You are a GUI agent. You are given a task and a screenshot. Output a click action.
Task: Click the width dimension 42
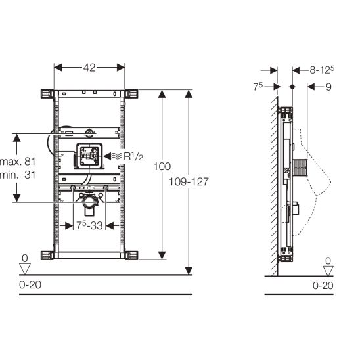[x=89, y=68]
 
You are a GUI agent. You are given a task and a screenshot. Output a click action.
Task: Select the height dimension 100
[x=162, y=166]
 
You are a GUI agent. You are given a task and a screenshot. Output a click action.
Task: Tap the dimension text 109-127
[x=189, y=182]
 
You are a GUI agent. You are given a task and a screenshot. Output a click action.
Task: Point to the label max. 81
[x=18, y=162]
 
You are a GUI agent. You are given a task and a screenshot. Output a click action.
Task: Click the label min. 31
[x=18, y=175]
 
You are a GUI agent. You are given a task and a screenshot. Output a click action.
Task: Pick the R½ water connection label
[x=133, y=156]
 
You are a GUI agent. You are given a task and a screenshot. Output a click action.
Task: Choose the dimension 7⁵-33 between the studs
[x=89, y=225]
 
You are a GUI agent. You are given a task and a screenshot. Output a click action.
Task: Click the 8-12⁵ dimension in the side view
[x=322, y=70]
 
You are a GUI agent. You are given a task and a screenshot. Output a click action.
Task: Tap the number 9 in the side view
[x=328, y=87]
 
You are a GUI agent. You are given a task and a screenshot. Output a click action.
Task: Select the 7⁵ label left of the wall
[x=258, y=87]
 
